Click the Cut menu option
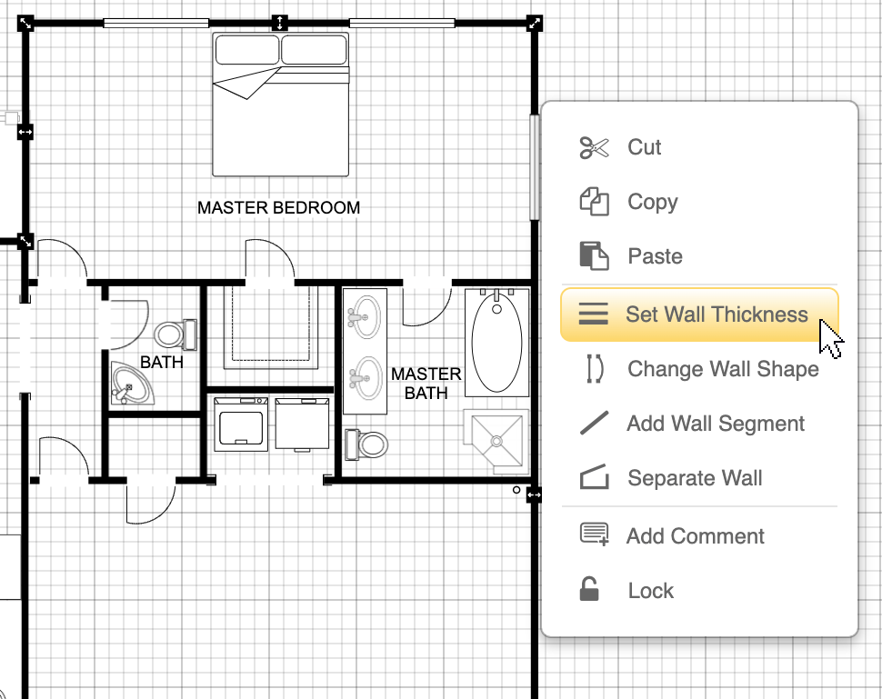point(644,147)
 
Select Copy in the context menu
point(652,202)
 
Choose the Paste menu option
point(655,256)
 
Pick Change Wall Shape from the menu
point(722,369)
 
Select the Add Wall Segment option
point(715,424)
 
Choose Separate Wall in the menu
point(695,478)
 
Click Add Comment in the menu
point(695,536)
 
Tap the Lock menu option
point(650,591)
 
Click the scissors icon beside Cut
point(594,147)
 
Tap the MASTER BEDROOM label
point(278,208)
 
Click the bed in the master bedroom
point(280,105)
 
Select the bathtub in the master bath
point(496,342)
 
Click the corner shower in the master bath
point(496,441)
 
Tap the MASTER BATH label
point(426,384)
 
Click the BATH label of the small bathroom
point(161,363)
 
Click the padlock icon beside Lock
point(590,590)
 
